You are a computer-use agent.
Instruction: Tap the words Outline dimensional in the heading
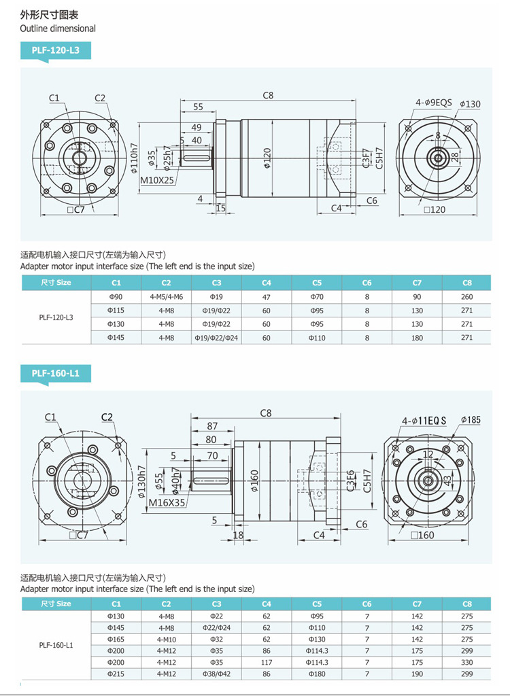tap(58, 29)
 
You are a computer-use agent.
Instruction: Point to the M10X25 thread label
tap(158, 180)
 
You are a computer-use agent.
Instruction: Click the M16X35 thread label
tap(167, 503)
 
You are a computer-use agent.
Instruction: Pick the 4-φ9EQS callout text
tap(434, 103)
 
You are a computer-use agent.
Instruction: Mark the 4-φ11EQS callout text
tap(424, 421)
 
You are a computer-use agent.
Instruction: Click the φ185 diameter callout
tap(470, 419)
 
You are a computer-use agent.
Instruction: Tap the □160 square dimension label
tap(422, 535)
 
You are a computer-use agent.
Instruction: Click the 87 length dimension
tap(212, 426)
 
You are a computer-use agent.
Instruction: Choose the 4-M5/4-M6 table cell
tap(167, 297)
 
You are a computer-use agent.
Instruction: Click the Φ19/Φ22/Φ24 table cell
tap(216, 338)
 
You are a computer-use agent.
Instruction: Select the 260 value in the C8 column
tap(466, 297)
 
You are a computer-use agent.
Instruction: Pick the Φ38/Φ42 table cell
tap(216, 674)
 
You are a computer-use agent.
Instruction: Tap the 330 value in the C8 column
tap(466, 663)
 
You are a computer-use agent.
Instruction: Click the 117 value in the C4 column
tap(267, 663)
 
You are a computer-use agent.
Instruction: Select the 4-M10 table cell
tap(167, 640)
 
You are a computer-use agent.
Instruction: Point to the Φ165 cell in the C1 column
tap(116, 640)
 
